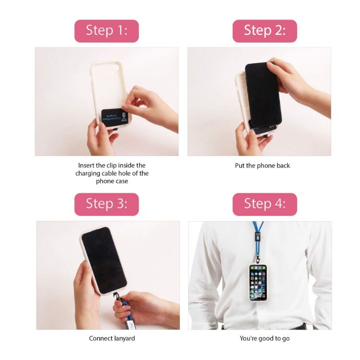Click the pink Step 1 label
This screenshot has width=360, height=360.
coord(107,31)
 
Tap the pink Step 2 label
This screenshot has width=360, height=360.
coord(264,31)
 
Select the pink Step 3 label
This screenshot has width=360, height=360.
coord(107,204)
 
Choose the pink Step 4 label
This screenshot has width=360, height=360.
coord(264,204)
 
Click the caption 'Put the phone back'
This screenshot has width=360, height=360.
coord(263,166)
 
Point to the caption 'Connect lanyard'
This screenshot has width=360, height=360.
coord(112,338)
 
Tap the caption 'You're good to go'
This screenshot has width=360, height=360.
coord(264,338)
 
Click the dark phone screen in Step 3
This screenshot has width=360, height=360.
coord(104,259)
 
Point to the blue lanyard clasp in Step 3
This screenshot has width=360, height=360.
coord(119,307)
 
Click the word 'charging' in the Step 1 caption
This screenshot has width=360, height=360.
coord(88,173)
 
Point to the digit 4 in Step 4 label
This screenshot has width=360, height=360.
coord(277,204)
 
